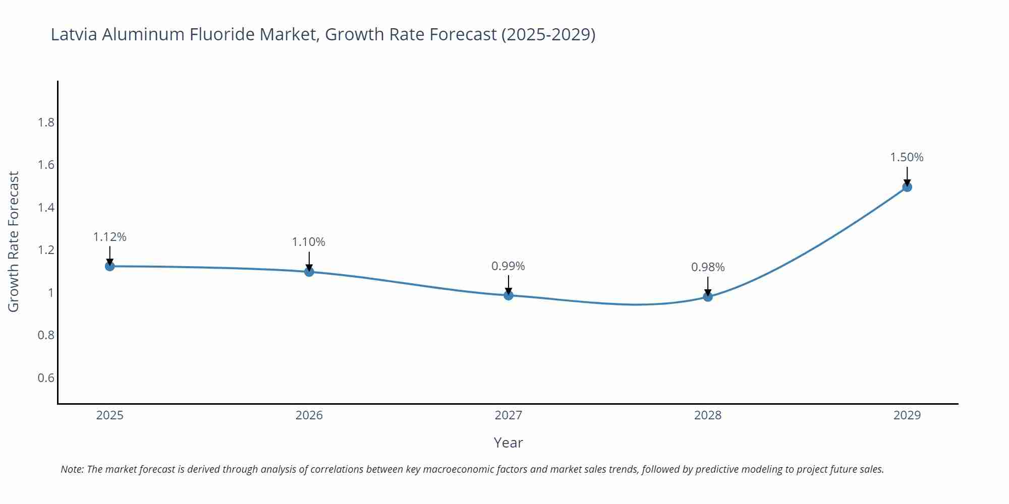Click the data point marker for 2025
point(109,266)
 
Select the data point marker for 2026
point(309,272)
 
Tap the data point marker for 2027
point(509,295)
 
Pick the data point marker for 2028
point(708,297)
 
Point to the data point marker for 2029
point(907,187)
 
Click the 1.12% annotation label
point(109,237)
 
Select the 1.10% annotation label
point(309,242)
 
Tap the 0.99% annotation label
point(508,266)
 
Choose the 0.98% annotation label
point(708,267)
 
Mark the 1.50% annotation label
point(907,157)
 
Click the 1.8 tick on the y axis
point(46,122)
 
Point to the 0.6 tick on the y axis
point(46,378)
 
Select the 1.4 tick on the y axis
point(46,208)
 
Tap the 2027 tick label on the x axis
point(508,415)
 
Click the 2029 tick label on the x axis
point(907,415)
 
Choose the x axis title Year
point(508,443)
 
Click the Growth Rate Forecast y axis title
point(14,242)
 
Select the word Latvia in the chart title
point(74,34)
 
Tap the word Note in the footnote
point(72,469)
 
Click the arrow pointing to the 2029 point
point(907,176)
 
